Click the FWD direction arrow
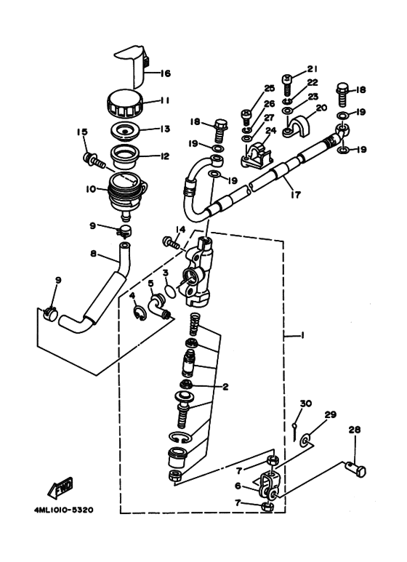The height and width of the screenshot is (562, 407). pyautogui.click(x=60, y=487)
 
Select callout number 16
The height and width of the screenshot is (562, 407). pyautogui.click(x=165, y=73)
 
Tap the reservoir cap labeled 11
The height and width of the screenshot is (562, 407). pyautogui.click(x=126, y=103)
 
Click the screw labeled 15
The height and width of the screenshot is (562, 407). pyautogui.click(x=94, y=161)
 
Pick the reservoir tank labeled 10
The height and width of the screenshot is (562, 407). pyautogui.click(x=126, y=196)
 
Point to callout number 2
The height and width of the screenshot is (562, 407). pyautogui.click(x=225, y=387)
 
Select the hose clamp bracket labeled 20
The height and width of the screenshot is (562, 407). pyautogui.click(x=298, y=127)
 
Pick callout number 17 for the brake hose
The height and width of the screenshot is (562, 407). pyautogui.click(x=297, y=195)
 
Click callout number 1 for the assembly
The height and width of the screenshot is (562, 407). pyautogui.click(x=302, y=336)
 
